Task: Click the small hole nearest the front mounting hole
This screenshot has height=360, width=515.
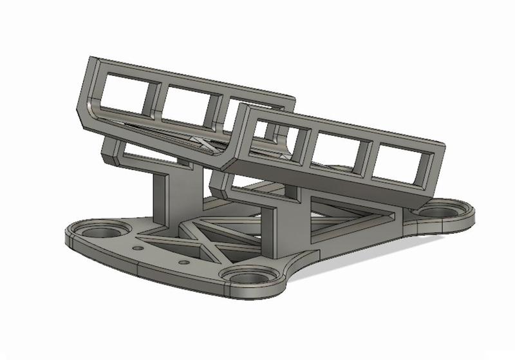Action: pos(183,262)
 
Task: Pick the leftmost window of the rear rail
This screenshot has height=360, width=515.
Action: pos(125,91)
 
